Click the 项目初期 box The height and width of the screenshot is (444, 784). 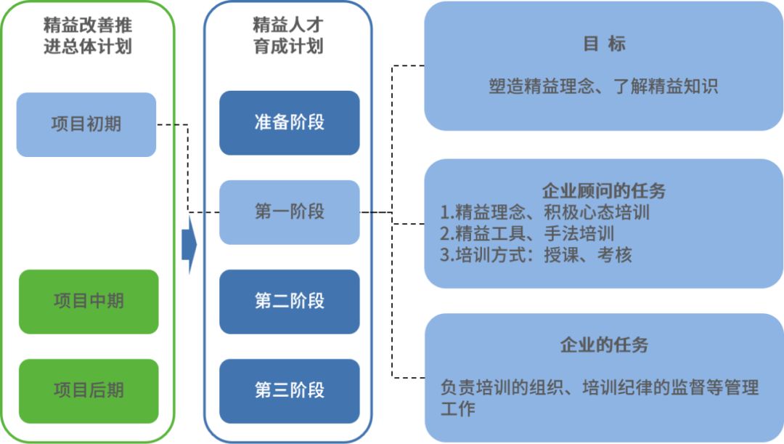[86, 124]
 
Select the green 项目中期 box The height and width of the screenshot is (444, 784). [88, 302]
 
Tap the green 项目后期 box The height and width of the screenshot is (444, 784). [88, 391]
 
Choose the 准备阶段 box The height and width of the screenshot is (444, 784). [289, 122]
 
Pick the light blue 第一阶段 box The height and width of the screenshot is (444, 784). [289, 212]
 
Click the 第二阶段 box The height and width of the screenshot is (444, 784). [289, 302]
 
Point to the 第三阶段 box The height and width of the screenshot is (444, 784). [289, 391]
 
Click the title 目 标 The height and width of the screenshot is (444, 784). [603, 44]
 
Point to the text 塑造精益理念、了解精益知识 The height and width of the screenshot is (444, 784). [603, 87]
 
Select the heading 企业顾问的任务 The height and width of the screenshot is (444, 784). [603, 192]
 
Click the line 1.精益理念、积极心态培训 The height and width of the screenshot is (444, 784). [544, 213]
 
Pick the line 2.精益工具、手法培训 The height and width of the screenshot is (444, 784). [527, 234]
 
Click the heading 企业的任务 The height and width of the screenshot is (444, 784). [603, 344]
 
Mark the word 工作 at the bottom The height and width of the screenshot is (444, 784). [457, 409]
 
